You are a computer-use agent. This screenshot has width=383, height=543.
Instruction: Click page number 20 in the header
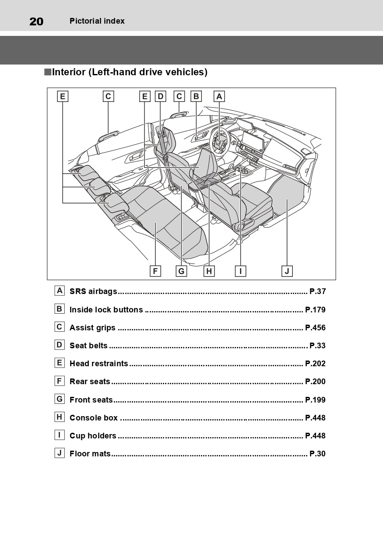36,21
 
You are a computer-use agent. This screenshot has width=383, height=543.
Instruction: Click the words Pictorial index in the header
97,21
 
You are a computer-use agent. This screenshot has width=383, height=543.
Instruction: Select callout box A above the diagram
219,96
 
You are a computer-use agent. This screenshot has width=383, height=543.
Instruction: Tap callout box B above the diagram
196,96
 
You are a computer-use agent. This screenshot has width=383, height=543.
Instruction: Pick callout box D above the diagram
160,96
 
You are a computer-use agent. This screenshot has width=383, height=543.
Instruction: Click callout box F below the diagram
155,271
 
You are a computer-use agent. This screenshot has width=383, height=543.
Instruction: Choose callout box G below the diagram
181,271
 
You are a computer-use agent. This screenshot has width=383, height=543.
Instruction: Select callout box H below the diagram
209,271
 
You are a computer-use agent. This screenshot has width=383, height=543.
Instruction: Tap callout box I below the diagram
240,271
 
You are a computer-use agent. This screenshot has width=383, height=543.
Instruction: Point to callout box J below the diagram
287,271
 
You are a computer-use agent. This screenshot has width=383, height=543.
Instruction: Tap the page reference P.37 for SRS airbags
317,291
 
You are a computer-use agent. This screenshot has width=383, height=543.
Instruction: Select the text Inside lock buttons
106,310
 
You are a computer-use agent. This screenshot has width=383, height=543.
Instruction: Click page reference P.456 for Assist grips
315,328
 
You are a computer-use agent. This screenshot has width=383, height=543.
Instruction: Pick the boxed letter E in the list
60,363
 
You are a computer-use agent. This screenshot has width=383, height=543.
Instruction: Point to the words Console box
93,418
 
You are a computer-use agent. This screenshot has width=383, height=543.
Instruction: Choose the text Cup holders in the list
93,436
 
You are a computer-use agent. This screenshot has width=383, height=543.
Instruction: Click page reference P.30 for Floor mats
317,454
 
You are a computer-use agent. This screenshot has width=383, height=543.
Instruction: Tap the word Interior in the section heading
69,72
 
